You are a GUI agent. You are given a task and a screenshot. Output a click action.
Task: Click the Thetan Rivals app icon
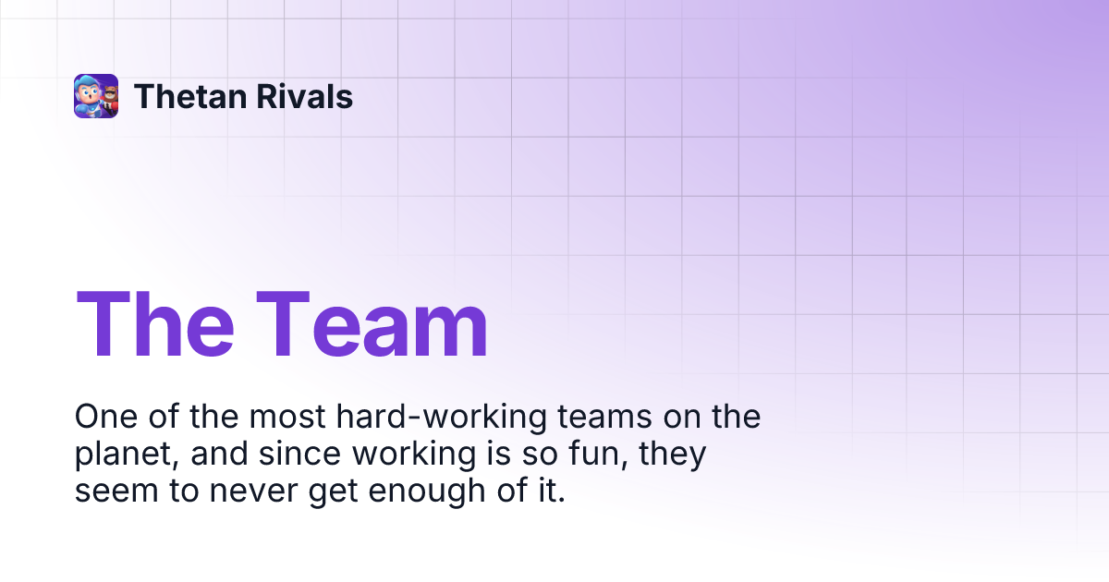96,96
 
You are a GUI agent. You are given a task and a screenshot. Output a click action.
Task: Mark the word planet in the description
121,455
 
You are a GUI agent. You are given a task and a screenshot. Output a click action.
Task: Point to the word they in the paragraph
676,455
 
